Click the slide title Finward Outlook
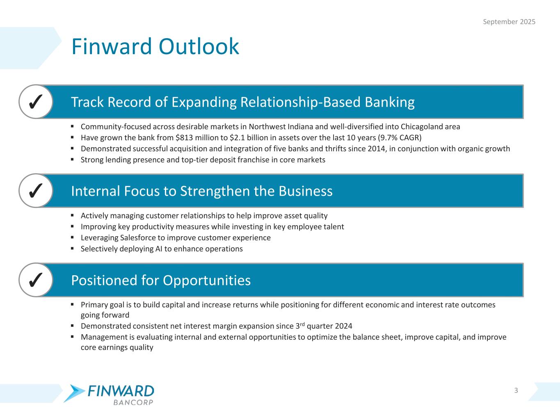click(x=155, y=46)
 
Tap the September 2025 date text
click(x=509, y=22)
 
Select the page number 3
click(x=516, y=390)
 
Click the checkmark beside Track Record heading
click(x=36, y=102)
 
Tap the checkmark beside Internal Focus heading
click(x=36, y=191)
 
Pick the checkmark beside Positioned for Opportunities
click(x=36, y=280)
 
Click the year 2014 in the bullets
click(x=376, y=148)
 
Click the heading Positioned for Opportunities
click(x=161, y=280)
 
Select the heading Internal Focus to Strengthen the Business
click(x=201, y=191)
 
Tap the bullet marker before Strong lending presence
click(x=72, y=159)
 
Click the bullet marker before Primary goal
click(x=72, y=304)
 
